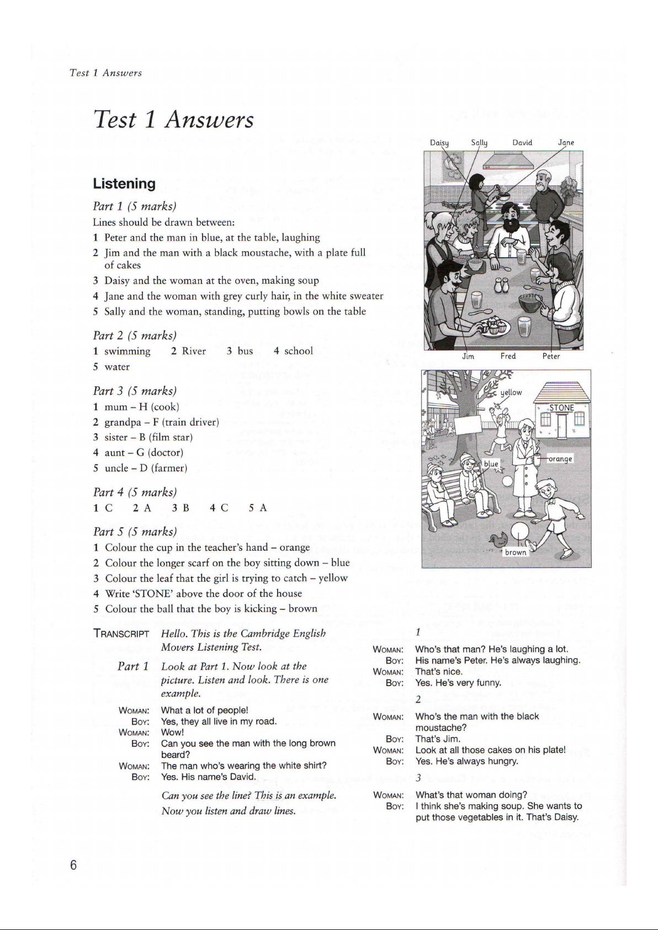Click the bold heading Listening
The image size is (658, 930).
[124, 184]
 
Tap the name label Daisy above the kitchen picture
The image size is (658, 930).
[439, 143]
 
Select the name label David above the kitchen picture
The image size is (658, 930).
[522, 142]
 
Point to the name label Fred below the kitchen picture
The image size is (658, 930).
[508, 356]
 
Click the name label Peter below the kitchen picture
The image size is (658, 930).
[551, 356]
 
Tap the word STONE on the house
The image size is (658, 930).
[561, 408]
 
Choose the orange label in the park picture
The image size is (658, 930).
[560, 459]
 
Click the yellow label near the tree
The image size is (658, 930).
[511, 392]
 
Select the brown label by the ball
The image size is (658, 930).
[516, 552]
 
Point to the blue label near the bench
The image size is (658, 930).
[491, 464]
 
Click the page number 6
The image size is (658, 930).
[73, 864]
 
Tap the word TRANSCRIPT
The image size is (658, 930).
[121, 634]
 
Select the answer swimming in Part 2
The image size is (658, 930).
[127, 351]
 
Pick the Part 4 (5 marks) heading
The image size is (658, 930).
[135, 492]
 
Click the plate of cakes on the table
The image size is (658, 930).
[493, 327]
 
